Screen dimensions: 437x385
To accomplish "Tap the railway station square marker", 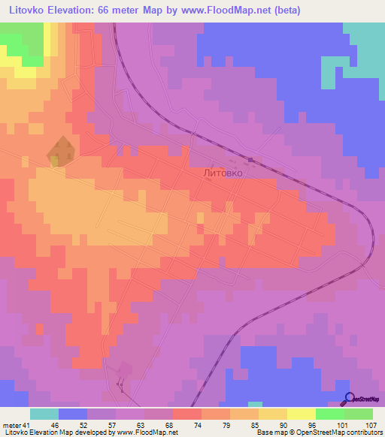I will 251,159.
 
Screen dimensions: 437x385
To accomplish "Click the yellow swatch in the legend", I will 301,414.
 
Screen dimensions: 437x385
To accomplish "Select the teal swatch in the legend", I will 44,414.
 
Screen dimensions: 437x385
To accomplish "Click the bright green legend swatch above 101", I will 329,414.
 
